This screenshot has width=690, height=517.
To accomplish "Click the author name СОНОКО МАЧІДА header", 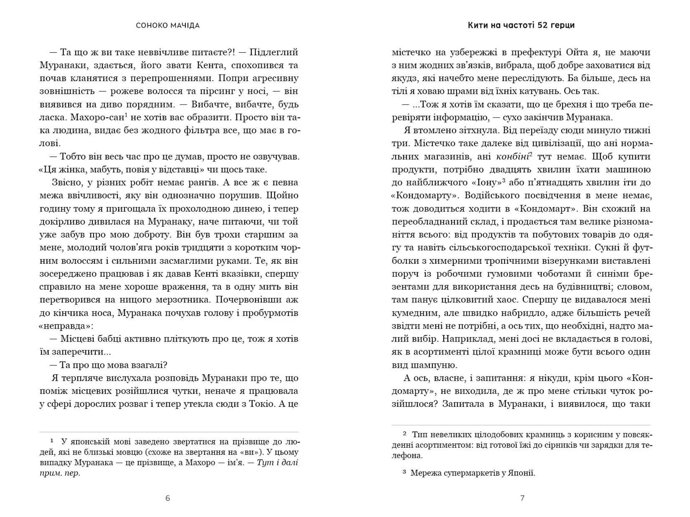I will point(167,26).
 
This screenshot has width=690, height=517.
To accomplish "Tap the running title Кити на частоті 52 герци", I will point(521,25).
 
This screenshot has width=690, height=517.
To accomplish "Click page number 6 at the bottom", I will point(167,498).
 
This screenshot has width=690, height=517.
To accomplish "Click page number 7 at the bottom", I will point(522,498).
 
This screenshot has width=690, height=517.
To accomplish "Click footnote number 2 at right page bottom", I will point(405,434).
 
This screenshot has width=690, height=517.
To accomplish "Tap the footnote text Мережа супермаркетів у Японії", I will point(473,473).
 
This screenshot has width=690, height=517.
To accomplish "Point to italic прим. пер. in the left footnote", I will point(60,473).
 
